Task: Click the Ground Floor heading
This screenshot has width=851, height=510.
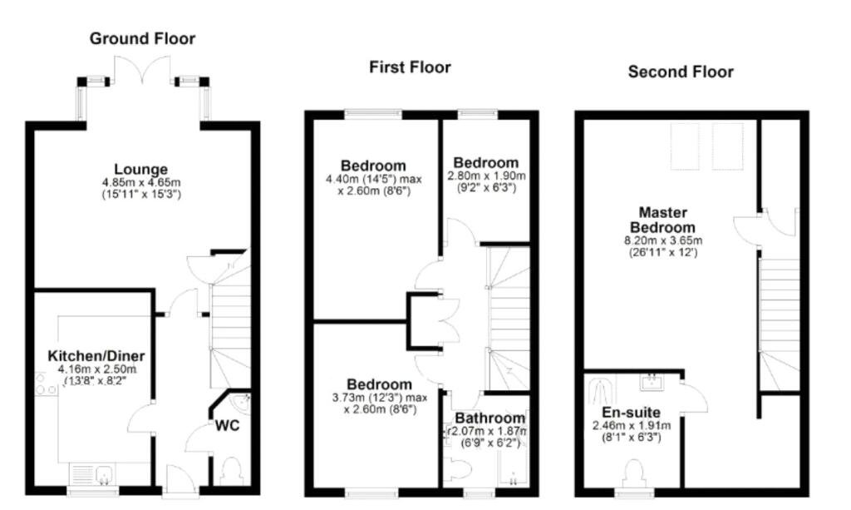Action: pos(142,38)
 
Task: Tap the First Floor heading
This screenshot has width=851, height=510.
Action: pos(410,67)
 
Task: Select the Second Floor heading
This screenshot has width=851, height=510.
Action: pos(681,72)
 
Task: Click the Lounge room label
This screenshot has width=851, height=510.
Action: pos(141,170)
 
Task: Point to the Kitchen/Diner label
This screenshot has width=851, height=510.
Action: pos(96,356)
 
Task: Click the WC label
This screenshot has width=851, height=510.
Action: pos(227,425)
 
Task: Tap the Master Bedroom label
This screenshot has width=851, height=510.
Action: pos(662,220)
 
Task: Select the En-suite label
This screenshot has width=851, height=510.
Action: pos(632,413)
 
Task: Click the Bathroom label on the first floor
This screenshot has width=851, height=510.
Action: pos(489,418)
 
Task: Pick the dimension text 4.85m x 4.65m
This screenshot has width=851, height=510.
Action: pos(141,182)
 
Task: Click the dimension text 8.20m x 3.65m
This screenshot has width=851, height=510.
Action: pos(663,240)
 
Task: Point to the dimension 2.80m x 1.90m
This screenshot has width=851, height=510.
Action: pos(486,176)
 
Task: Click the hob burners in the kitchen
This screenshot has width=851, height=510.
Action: pos(46,384)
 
